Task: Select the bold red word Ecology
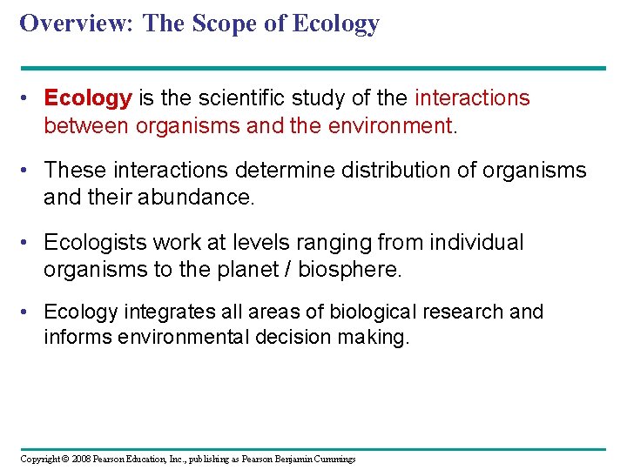(x=88, y=98)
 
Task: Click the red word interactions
(x=473, y=98)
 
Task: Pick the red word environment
(x=390, y=126)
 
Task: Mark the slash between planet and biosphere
(x=287, y=269)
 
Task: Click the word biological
(x=338, y=312)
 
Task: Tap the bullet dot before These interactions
(x=29, y=171)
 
